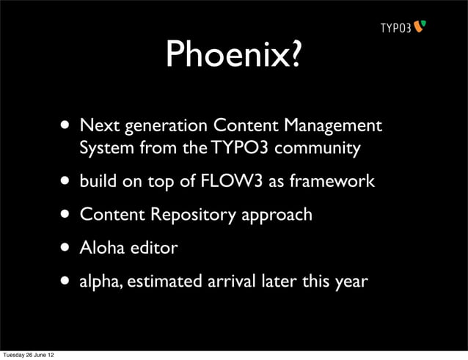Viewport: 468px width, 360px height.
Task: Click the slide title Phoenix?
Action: click(x=233, y=53)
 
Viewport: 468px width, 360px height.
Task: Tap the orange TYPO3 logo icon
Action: click(x=420, y=27)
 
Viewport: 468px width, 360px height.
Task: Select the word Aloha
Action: click(x=102, y=248)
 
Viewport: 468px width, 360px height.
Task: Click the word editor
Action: click(x=153, y=248)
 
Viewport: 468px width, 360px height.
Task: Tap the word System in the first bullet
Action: click(x=104, y=149)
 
